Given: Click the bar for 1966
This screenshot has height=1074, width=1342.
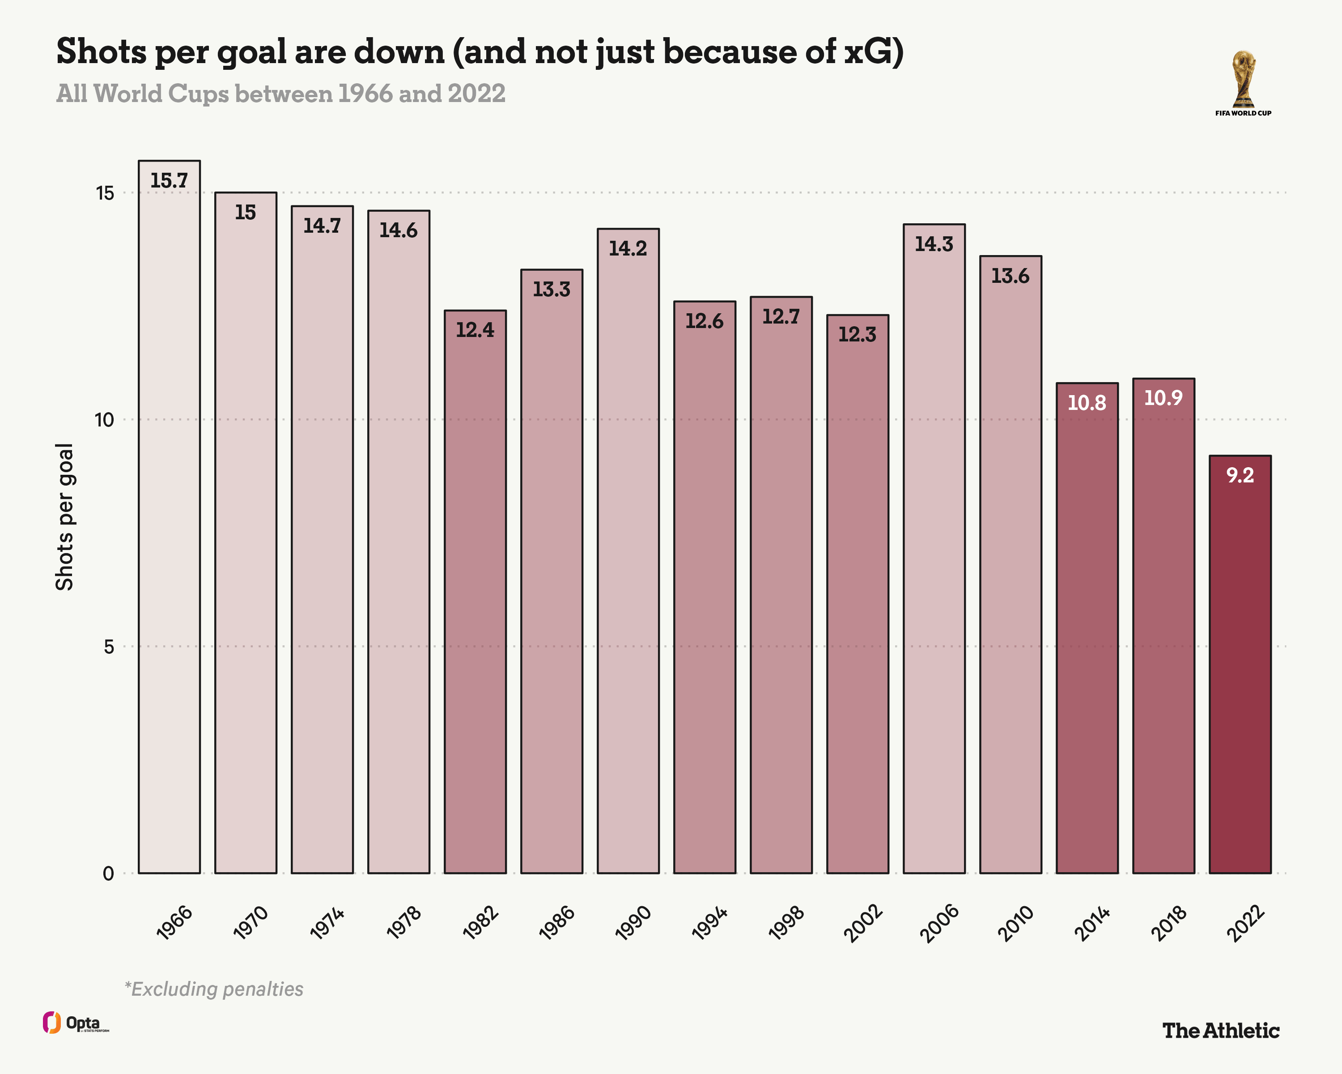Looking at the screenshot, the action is tap(169, 517).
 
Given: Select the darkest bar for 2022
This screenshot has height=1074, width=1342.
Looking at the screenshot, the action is tap(1240, 665).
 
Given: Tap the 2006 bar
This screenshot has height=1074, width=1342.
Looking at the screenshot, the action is tap(934, 549).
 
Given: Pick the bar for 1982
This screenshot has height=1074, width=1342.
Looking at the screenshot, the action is tap(475, 592).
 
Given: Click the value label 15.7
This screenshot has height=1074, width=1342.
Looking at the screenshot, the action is tap(169, 180).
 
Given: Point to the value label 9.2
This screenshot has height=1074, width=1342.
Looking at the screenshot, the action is tap(1240, 476).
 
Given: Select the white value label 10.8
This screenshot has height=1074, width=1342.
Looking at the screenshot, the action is tap(1087, 403).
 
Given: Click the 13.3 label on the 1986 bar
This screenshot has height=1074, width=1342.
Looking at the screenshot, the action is tap(552, 290).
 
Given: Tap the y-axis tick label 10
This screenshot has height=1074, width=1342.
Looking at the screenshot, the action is tap(105, 420).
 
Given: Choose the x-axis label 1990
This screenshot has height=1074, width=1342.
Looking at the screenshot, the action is tap(633, 923).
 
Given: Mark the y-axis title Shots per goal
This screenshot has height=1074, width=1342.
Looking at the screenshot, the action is tap(65, 517).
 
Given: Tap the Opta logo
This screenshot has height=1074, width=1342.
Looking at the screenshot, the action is tap(75, 1023).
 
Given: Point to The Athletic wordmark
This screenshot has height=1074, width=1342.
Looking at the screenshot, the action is tap(1221, 1031).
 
